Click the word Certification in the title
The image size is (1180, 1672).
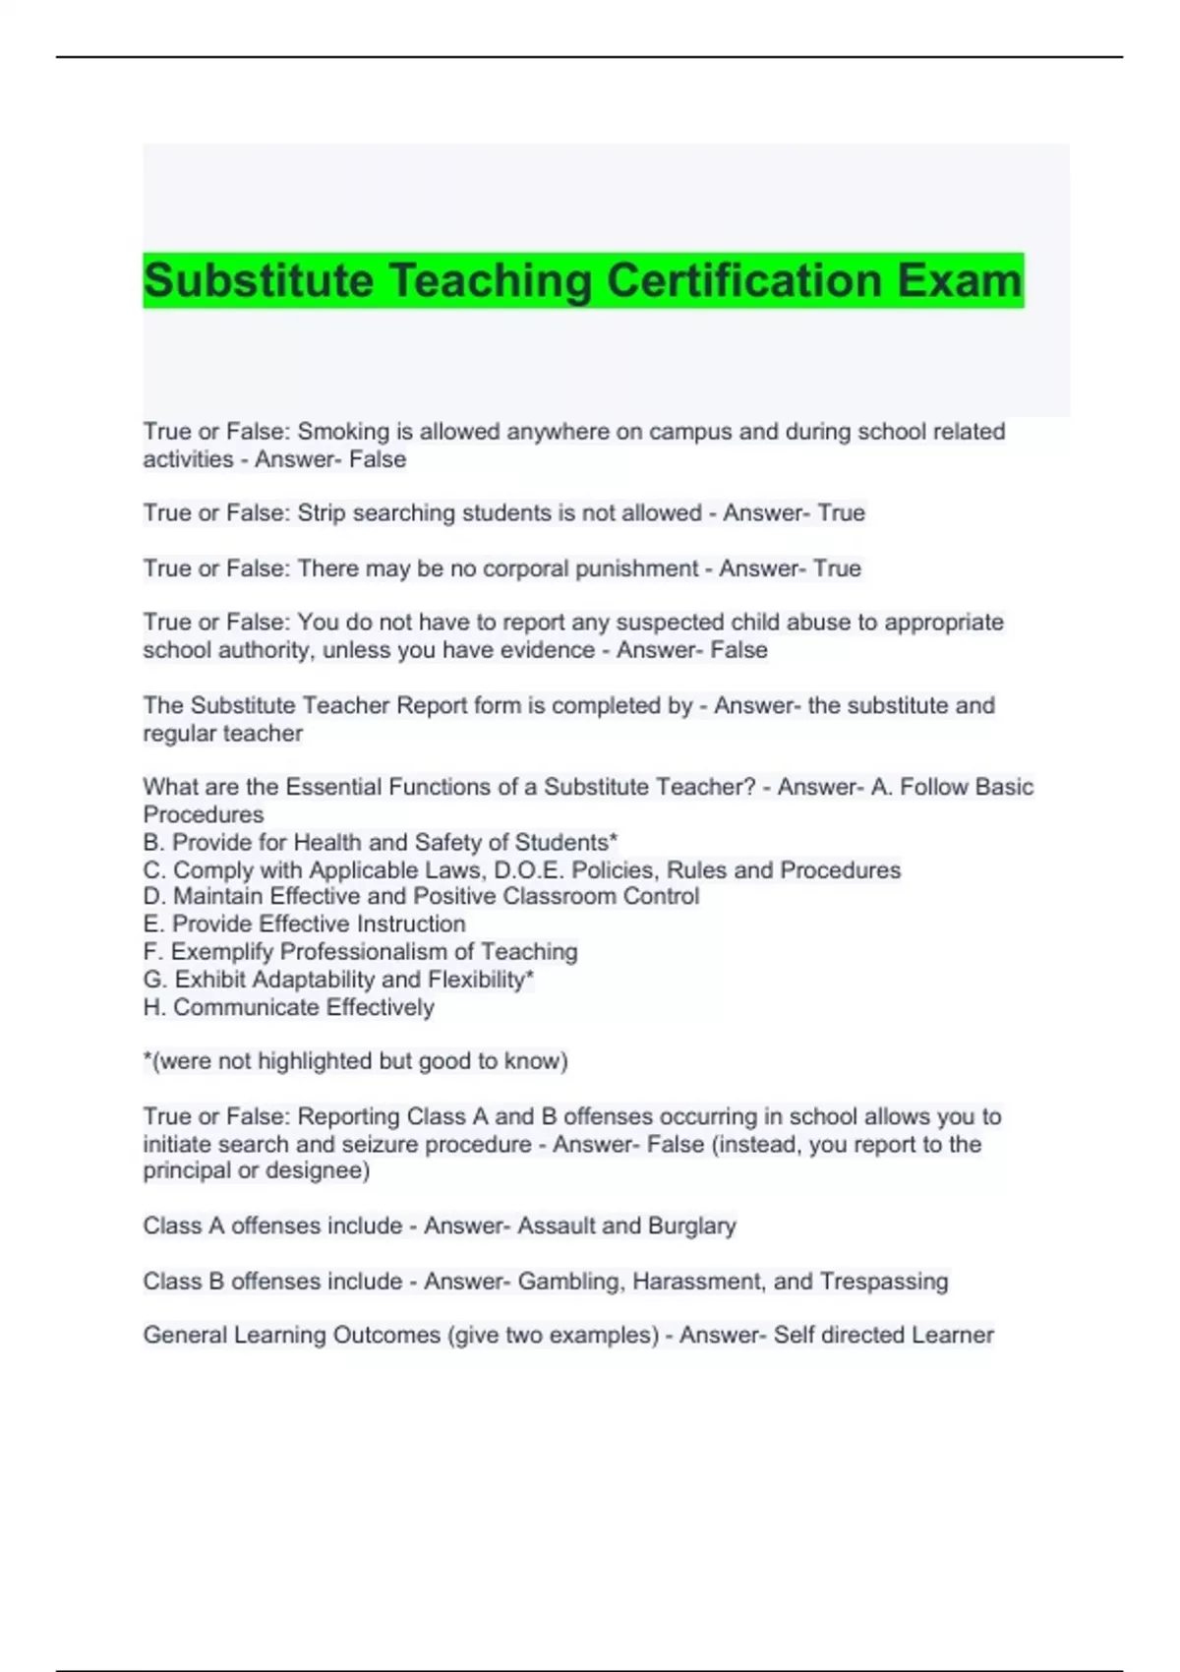click(743, 280)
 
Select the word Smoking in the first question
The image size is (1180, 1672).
click(343, 432)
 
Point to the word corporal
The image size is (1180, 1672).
click(508, 568)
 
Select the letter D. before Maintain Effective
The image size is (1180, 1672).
click(154, 896)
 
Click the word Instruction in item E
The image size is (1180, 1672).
click(411, 924)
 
